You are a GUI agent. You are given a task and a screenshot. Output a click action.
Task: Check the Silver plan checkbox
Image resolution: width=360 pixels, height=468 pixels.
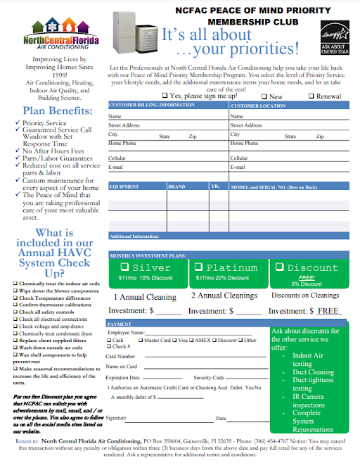point(124,267)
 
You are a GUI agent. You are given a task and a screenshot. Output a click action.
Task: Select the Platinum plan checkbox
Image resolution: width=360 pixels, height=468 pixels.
point(198,267)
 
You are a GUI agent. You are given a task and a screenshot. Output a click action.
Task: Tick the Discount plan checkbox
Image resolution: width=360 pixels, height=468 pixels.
point(281,267)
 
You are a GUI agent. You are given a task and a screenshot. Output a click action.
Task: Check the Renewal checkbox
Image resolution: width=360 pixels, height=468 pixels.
point(311,96)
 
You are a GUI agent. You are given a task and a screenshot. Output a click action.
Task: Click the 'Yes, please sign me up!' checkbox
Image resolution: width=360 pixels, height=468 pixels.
point(165,96)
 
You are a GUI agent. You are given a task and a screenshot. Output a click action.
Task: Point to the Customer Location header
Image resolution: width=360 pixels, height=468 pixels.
point(258,105)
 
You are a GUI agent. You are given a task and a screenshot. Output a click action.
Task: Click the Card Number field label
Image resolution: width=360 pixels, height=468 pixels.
point(120,356)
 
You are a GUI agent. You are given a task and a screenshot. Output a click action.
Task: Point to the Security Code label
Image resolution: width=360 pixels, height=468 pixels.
point(209,377)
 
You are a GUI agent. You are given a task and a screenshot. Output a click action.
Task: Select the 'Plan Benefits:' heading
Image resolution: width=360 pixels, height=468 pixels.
point(52,110)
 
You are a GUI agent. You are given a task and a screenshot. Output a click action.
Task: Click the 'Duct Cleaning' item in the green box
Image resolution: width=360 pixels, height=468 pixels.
point(313,372)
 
